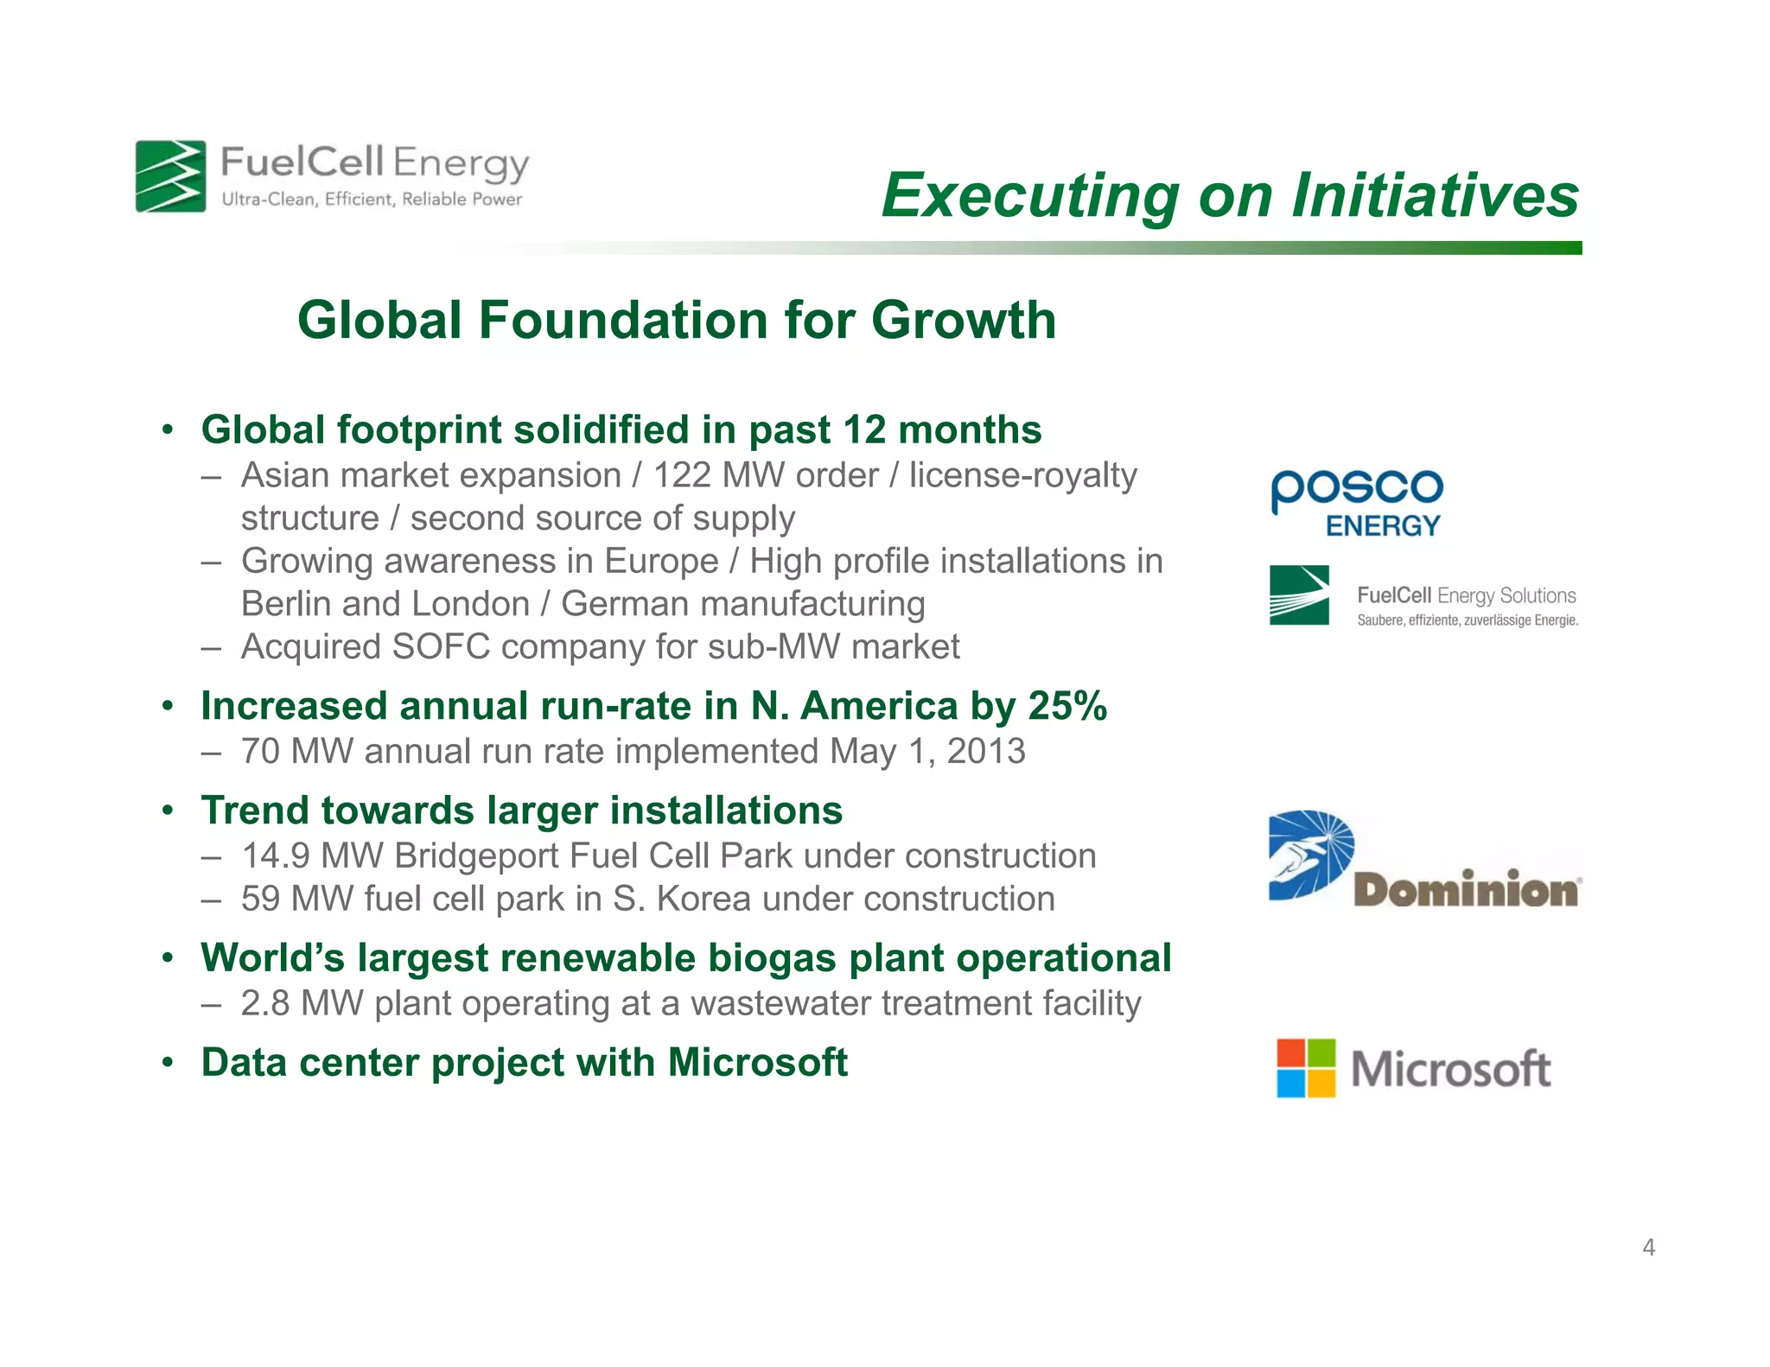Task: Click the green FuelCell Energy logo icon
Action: point(171,176)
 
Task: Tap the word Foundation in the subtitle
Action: point(623,321)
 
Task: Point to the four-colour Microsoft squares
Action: point(1306,1068)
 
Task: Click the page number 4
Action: point(1648,1247)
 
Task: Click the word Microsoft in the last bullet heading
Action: point(757,1063)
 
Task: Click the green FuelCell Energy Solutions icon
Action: point(1299,595)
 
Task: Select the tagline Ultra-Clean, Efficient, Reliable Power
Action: point(372,200)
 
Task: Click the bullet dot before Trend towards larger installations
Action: point(169,811)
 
